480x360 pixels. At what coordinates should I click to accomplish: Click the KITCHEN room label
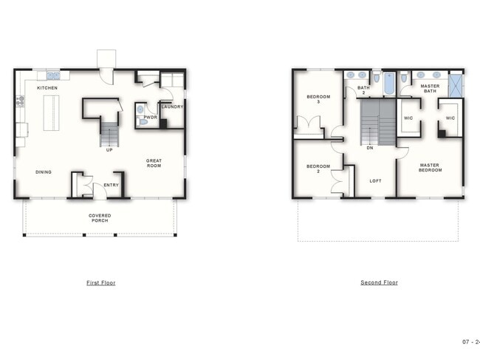click(x=47, y=88)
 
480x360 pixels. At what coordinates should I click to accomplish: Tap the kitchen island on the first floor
click(x=51, y=113)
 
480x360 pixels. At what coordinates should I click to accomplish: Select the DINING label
click(x=44, y=172)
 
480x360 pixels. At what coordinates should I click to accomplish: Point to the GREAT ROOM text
click(x=154, y=163)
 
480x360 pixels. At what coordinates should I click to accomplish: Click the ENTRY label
click(x=111, y=185)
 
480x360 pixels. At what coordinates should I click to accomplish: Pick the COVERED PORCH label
click(x=100, y=218)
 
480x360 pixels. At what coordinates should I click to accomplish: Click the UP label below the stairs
click(x=109, y=150)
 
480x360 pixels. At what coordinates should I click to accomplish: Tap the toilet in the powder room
click(x=143, y=122)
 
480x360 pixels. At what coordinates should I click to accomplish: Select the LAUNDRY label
click(x=172, y=106)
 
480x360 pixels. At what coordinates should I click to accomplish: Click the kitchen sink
click(x=54, y=75)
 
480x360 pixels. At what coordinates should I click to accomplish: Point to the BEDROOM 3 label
click(x=318, y=99)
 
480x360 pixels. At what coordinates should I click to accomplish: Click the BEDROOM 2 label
click(x=318, y=169)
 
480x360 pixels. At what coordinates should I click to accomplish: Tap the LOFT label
click(x=375, y=181)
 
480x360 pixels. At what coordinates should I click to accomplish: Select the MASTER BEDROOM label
click(x=430, y=168)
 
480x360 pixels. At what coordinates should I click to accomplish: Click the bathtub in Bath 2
click(x=389, y=84)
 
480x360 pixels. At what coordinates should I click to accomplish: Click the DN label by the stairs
click(x=370, y=148)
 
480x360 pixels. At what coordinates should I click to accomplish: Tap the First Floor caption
click(x=101, y=283)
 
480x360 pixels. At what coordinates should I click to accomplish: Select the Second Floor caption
click(x=379, y=282)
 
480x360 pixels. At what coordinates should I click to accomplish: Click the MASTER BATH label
click(x=430, y=89)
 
